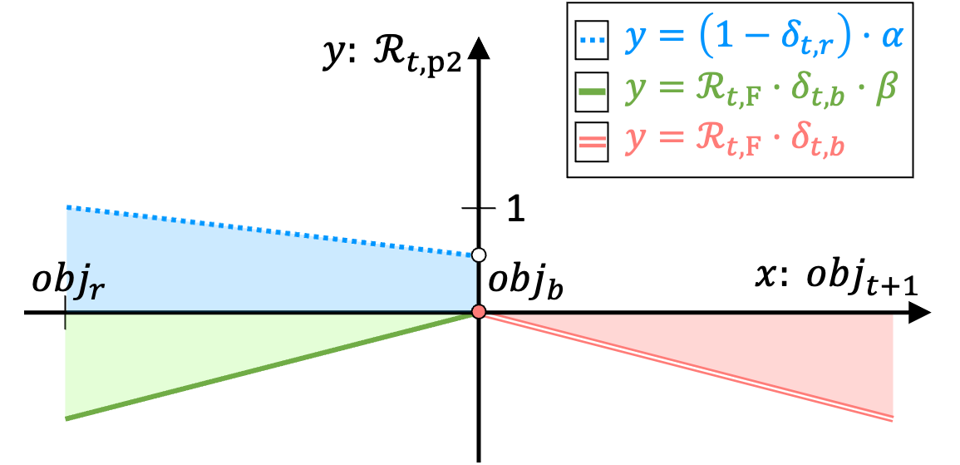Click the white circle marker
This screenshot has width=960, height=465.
(478, 255)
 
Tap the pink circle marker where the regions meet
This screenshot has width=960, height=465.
(478, 311)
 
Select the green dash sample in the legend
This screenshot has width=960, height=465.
(592, 92)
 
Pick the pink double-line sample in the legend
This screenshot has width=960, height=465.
(592, 142)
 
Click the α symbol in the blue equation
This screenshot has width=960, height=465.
(892, 37)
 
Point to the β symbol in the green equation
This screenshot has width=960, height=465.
(886, 88)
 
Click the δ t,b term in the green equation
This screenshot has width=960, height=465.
(816, 91)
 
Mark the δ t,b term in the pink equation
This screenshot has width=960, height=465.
(816, 141)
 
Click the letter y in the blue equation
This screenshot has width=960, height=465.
(635, 42)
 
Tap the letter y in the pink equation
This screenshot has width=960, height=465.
(635, 142)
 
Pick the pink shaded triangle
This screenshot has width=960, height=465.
(790, 349)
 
